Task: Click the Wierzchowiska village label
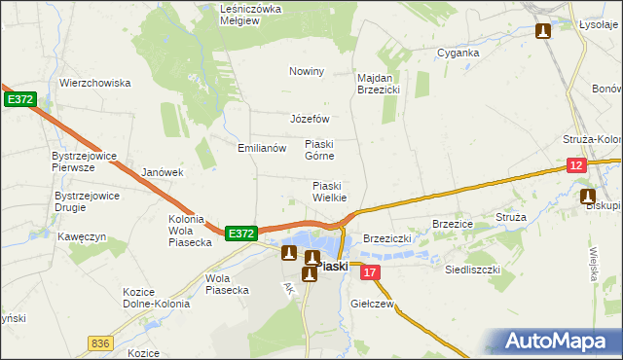(94, 83)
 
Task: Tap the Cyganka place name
(458, 53)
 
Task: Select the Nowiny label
(307, 71)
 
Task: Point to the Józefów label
(311, 119)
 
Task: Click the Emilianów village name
(262, 148)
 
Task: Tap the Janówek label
(163, 172)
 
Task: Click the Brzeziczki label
(388, 238)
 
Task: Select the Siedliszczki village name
(472, 269)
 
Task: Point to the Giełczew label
(370, 304)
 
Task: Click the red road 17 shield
(369, 274)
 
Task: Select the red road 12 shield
(576, 166)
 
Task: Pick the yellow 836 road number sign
(98, 342)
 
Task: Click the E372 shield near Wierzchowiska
(19, 99)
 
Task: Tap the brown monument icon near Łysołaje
(542, 31)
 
